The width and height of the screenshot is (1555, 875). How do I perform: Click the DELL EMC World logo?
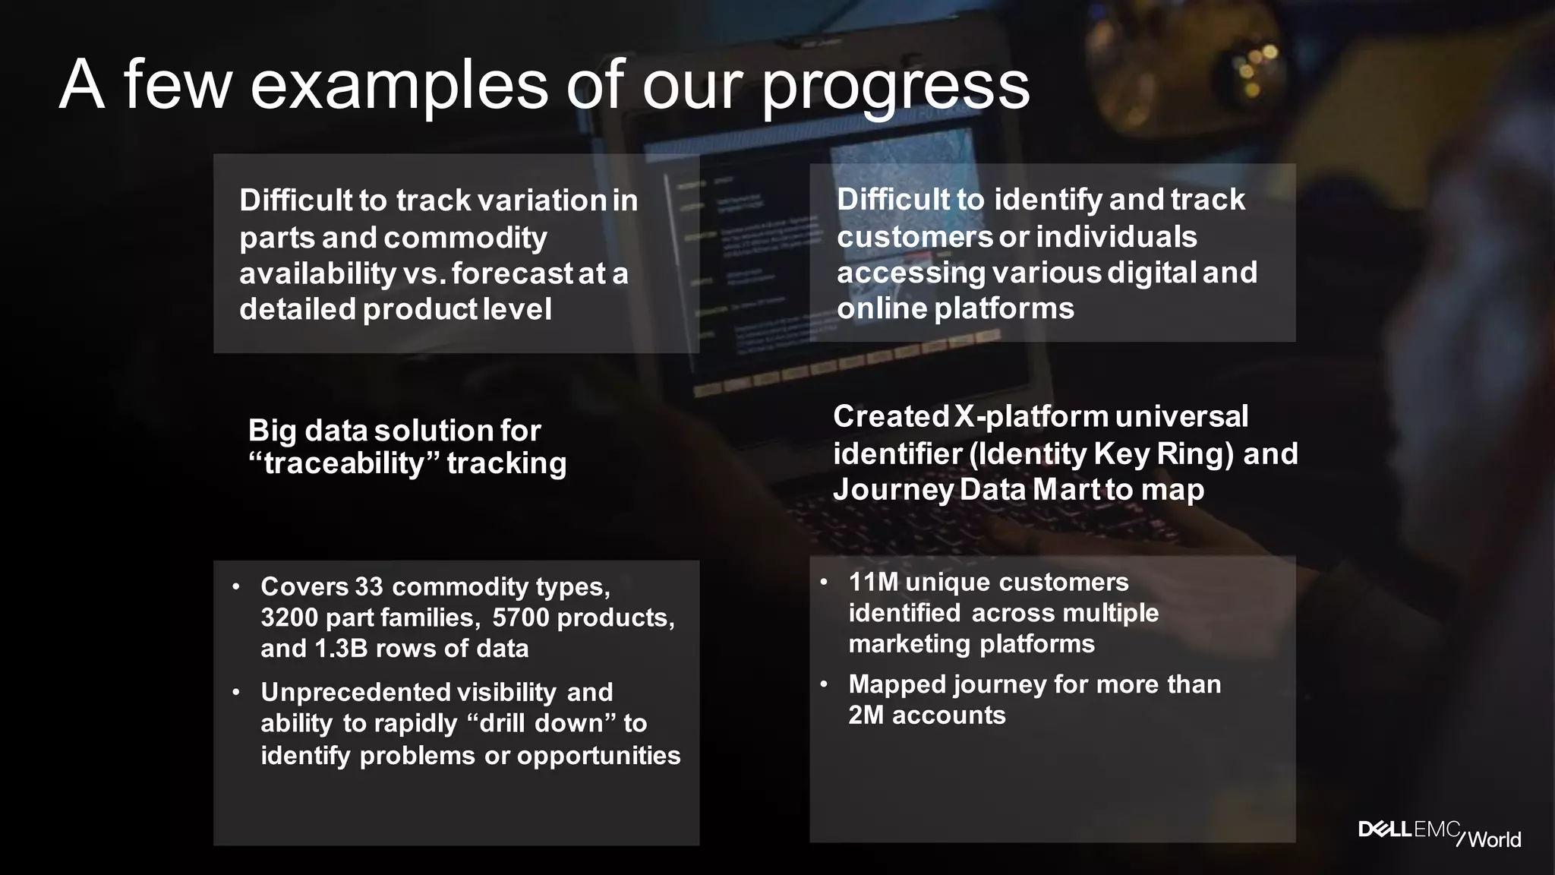coord(1439,832)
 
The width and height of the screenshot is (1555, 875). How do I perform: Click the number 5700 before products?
coord(520,618)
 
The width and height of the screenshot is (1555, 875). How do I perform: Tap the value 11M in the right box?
coord(873,583)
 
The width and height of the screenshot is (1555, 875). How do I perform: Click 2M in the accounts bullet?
coord(866,715)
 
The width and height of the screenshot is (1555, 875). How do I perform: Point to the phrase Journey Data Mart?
coord(966,490)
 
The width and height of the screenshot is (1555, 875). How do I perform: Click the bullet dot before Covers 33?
coord(236,586)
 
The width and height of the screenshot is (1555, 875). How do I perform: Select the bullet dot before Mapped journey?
coord(824,684)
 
